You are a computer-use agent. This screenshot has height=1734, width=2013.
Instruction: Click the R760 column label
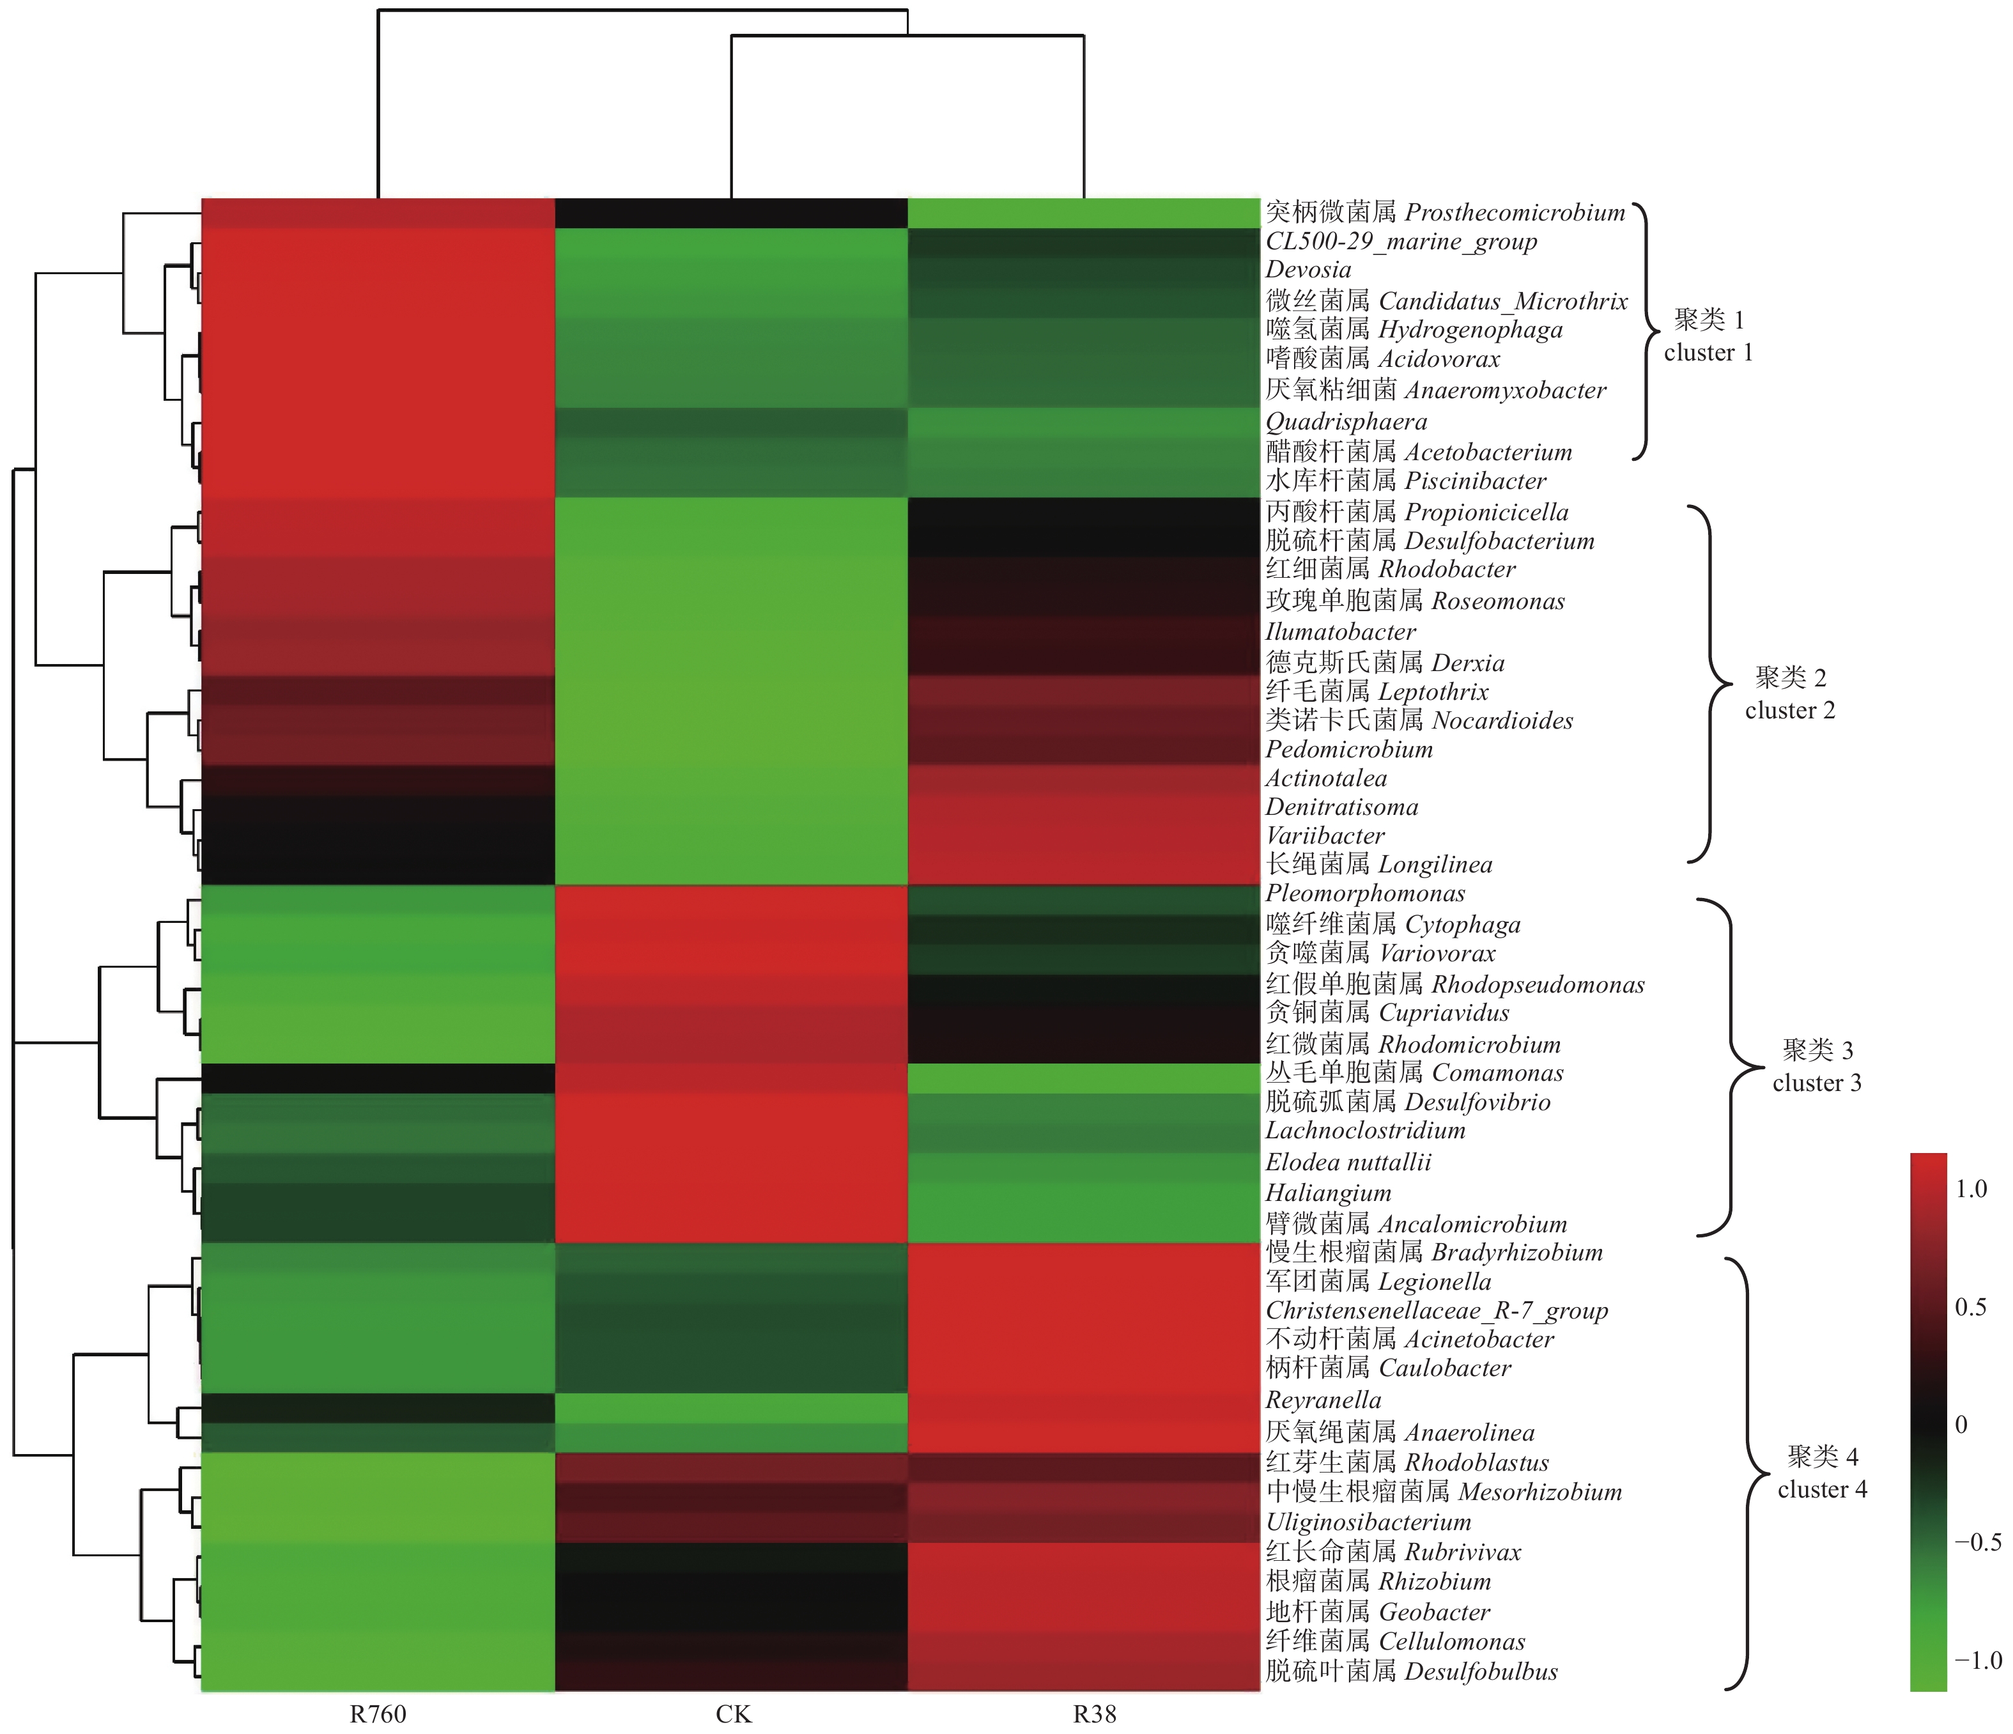(378, 1714)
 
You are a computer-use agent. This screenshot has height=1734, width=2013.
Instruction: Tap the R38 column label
(1094, 1714)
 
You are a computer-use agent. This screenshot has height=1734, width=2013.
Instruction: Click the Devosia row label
(1307, 270)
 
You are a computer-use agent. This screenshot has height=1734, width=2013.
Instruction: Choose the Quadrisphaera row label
(1346, 422)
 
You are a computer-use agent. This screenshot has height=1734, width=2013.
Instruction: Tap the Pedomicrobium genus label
(1348, 749)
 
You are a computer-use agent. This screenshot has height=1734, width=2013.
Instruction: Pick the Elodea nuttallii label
(1348, 1162)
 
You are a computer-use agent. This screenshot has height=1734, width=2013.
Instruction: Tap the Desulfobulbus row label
(1412, 1671)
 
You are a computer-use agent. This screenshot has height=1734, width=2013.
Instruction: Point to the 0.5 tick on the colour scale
(1970, 1306)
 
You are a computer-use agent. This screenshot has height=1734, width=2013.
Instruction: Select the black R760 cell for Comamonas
(378, 1078)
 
